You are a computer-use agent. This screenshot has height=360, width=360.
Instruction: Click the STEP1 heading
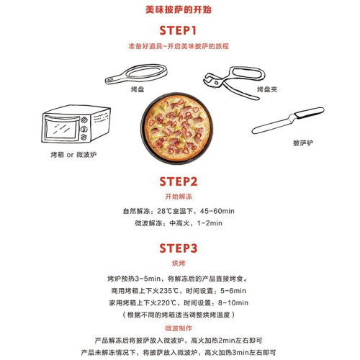(x=178, y=30)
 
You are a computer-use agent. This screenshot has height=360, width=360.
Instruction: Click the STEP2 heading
(x=179, y=181)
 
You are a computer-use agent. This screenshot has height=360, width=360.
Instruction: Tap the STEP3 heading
(x=179, y=248)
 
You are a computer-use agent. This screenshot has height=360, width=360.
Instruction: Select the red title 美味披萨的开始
(x=179, y=10)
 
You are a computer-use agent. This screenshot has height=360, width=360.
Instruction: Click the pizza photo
(x=176, y=128)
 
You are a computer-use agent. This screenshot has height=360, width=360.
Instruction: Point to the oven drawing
(x=76, y=124)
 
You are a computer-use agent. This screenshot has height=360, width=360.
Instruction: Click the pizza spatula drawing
(x=288, y=120)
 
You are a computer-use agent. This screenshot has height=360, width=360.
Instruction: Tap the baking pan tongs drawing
(x=234, y=82)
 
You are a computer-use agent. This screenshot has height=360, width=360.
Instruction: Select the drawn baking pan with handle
(x=136, y=73)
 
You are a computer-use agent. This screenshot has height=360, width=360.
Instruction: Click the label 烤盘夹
(x=267, y=89)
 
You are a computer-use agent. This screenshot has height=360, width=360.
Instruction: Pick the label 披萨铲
(x=303, y=143)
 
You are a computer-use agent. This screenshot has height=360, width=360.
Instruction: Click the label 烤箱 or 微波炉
(x=73, y=155)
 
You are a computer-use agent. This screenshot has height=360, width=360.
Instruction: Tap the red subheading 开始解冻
(x=179, y=197)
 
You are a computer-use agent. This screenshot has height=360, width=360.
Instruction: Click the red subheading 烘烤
(x=179, y=264)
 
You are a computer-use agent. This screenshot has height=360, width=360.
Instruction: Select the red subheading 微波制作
(x=179, y=328)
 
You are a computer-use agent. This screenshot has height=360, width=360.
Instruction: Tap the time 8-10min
(x=233, y=302)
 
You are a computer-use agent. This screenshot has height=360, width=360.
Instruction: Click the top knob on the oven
(x=84, y=120)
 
